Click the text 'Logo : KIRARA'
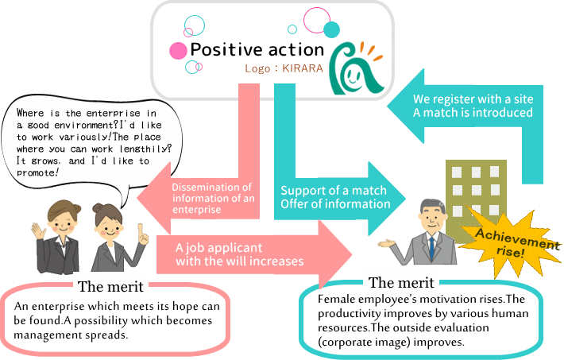284,68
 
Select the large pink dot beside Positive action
178,51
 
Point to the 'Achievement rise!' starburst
512,238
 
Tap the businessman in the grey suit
429,234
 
